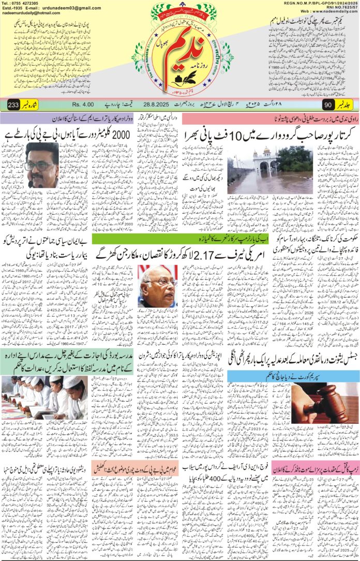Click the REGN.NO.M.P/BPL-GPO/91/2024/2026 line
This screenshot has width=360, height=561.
pyautogui.click(x=321, y=3)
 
